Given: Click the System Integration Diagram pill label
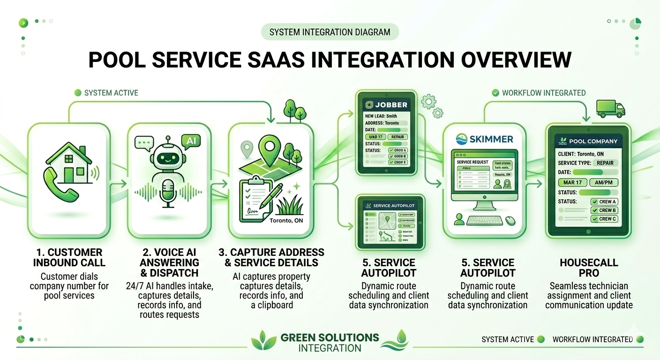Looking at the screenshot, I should click(330, 32).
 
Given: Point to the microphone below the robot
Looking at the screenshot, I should click(168, 193).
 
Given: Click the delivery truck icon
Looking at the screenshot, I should click(610, 108).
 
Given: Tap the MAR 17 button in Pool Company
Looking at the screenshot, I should click(572, 182).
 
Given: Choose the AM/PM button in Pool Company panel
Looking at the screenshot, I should click(603, 182).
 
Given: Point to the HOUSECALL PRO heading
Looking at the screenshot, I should click(589, 268).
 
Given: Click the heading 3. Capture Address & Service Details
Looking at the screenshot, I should click(271, 257).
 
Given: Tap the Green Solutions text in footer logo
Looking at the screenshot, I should click(330, 337).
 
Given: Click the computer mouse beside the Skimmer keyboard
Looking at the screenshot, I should click(510, 220).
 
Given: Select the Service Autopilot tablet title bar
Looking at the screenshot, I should click(390, 205).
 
